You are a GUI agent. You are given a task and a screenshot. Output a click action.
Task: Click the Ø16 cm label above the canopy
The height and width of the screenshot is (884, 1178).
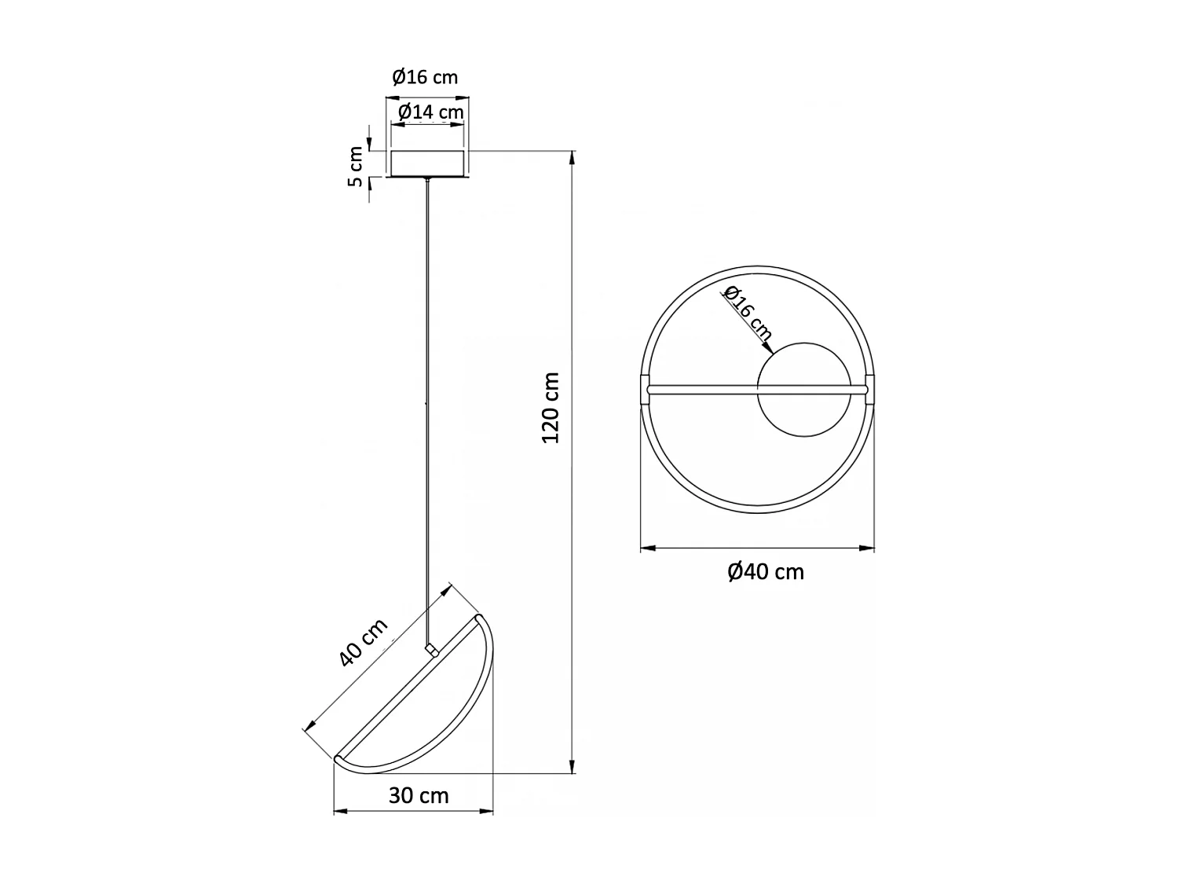point(425,77)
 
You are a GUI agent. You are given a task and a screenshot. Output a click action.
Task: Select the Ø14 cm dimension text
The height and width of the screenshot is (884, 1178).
point(430,112)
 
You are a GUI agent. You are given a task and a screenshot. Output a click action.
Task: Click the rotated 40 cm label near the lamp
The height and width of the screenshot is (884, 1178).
point(364,643)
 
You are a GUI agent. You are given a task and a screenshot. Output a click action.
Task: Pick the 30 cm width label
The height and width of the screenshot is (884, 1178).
point(419,796)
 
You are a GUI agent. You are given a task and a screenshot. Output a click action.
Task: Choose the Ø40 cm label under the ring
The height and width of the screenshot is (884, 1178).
point(766,571)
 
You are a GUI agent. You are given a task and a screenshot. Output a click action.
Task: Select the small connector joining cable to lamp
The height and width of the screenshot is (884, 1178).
point(430,649)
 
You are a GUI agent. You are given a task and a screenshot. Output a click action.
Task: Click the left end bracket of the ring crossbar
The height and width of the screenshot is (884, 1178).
point(646,389)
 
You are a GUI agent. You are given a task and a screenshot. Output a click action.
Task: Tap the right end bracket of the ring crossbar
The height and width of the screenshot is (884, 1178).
point(869,389)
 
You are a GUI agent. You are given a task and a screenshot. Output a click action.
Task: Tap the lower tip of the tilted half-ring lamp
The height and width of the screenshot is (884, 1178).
point(338,758)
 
